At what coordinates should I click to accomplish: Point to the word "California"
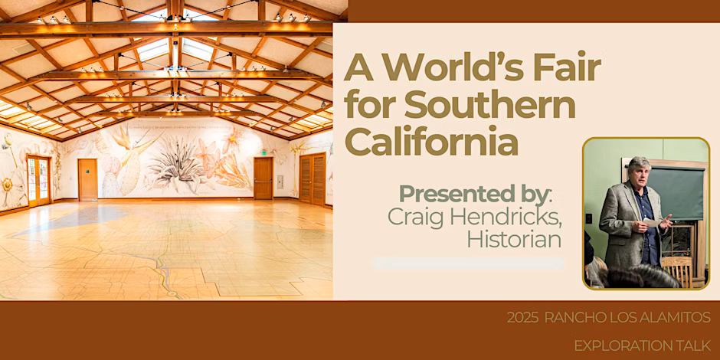[x=431, y=142]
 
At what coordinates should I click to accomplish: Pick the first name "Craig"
[x=417, y=218]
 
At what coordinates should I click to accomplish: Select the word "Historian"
[x=514, y=239]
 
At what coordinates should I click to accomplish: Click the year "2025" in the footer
[x=522, y=317]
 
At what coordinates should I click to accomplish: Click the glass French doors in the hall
[x=38, y=181]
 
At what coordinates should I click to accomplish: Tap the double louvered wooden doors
[x=313, y=178]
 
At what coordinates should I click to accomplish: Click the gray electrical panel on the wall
[x=280, y=182]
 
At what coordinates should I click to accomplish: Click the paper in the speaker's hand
[x=651, y=222]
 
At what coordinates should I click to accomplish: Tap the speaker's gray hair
[x=640, y=165]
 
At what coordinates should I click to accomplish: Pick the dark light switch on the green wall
[x=589, y=219]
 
